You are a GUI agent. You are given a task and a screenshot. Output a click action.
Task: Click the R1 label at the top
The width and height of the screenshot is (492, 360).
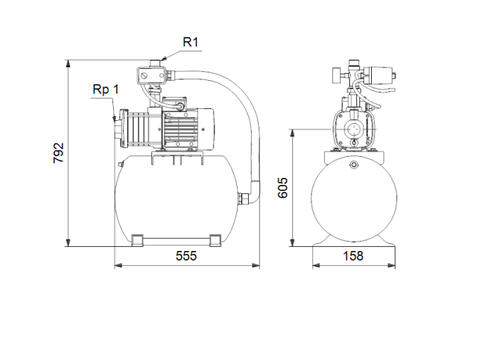191,42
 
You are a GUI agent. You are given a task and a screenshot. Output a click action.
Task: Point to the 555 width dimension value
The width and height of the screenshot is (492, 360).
186,256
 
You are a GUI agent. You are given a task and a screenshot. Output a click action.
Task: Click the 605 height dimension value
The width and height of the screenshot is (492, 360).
283,188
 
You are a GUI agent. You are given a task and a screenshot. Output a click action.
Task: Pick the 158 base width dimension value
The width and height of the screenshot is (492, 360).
354,256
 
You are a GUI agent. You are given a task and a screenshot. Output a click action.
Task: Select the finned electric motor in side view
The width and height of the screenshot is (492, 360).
184,126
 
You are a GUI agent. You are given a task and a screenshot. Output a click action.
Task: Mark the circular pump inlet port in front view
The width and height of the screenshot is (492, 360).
354,130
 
